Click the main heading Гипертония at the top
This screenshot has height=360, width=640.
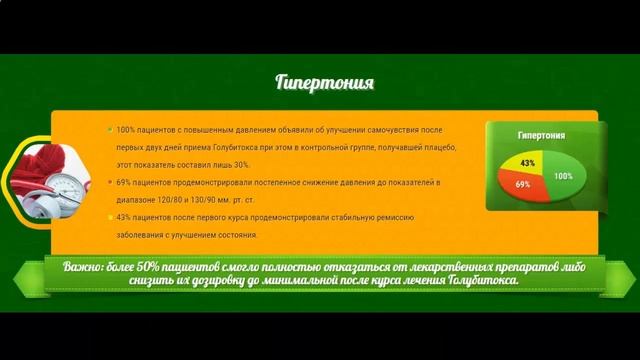324,82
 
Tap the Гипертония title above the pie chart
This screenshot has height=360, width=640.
541,135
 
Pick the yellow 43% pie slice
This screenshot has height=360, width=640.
527,162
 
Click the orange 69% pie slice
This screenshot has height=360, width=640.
523,184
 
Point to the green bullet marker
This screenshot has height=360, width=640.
109,130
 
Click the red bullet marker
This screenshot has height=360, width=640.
109,183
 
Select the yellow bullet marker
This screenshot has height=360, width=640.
109,217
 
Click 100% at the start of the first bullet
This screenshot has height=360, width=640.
126,130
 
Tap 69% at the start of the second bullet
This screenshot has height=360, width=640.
124,183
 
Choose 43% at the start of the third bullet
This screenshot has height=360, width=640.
124,217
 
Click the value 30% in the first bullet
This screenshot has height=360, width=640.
238,164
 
